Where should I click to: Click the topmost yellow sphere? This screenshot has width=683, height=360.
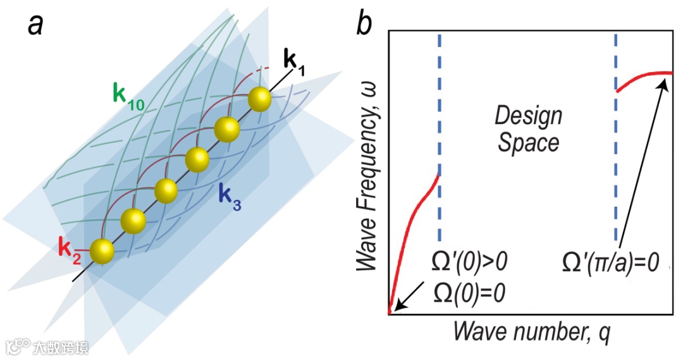coord(259,99)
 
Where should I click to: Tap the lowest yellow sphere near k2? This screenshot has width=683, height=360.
coord(102,251)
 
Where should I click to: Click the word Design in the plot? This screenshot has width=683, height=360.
coord(528,116)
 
